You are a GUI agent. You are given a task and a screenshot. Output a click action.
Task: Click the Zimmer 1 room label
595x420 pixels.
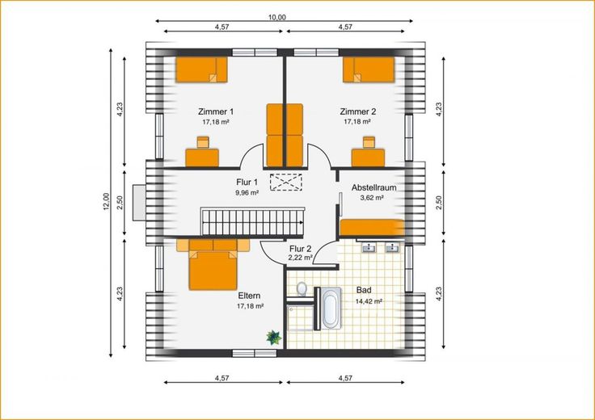point(216,111)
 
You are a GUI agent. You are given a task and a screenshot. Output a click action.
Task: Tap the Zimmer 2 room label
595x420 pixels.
point(358,111)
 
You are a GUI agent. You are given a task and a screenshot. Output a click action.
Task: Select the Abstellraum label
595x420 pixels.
point(373,187)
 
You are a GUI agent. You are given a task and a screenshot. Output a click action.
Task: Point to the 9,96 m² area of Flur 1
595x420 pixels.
point(247,192)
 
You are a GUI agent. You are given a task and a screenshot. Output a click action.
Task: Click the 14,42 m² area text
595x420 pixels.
point(369,302)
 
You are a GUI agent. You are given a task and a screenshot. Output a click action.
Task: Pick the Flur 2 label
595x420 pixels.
point(300,249)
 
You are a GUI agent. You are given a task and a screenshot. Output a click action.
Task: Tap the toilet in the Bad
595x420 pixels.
point(302,288)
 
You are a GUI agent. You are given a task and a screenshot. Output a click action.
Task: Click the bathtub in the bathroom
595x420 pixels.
point(330,309)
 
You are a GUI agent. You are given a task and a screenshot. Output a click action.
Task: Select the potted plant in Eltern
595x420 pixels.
point(273,337)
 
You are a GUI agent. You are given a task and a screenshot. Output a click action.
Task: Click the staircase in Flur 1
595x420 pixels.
point(253,222)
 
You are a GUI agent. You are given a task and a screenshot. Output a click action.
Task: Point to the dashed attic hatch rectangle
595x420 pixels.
point(285,183)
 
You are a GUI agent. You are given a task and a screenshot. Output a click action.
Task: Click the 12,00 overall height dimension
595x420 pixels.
point(106,201)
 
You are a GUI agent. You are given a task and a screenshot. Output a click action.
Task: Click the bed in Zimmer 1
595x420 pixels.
point(201,69)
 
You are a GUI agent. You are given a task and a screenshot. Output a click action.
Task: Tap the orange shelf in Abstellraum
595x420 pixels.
point(372,228)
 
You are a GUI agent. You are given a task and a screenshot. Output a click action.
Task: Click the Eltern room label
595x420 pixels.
point(249,296)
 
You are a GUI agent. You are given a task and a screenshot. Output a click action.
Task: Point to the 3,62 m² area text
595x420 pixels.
point(371,198)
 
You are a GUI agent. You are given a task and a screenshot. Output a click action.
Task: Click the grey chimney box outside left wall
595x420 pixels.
point(139,202)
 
